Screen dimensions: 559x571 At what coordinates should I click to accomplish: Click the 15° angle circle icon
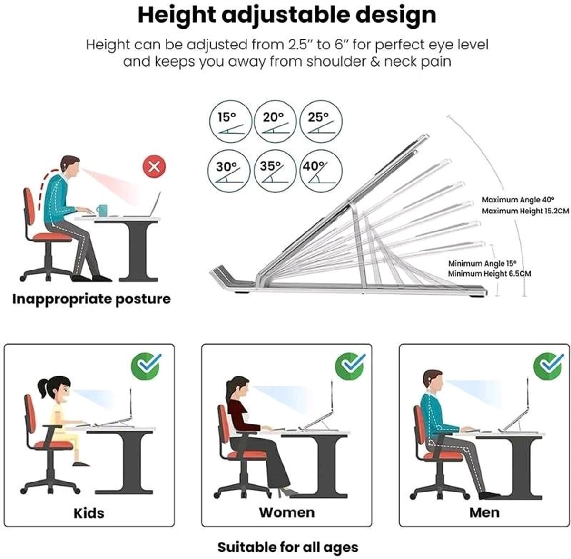tap(230, 121)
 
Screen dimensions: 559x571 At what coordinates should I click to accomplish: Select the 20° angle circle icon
tap(275, 121)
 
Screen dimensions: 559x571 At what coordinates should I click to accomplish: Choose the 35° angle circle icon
tap(275, 171)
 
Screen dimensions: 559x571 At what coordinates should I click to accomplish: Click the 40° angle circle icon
tap(321, 171)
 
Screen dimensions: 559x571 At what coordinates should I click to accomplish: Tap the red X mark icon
tap(154, 167)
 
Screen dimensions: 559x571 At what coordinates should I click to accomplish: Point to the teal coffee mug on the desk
tap(101, 211)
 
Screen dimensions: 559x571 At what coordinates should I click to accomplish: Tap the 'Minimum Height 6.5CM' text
tap(489, 274)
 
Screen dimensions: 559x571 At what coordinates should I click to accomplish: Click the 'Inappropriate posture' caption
tap(91, 299)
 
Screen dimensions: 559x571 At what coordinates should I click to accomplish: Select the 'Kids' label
tap(89, 513)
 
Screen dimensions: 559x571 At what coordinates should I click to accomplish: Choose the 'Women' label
tap(286, 512)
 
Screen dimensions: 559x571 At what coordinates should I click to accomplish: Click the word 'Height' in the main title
tap(177, 15)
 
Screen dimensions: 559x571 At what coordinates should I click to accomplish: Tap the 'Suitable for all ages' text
tap(287, 547)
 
